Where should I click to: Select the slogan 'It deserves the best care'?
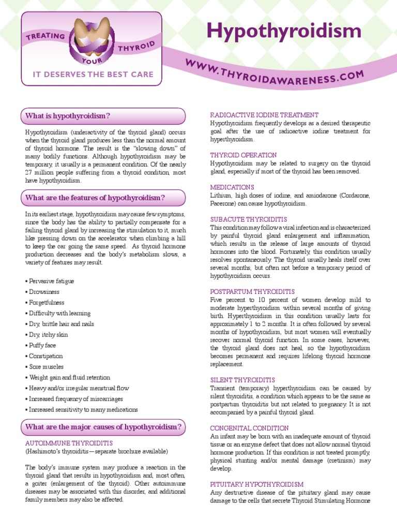93,75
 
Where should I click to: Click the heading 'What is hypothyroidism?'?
68,116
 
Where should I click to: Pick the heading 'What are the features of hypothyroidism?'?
95,198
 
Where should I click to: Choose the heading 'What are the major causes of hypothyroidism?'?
103,427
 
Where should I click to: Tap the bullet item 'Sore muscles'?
45,367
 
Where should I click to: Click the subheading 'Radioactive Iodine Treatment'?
264,115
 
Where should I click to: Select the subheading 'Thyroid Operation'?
243,155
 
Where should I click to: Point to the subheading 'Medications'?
232,187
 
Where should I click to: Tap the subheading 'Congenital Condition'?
249,428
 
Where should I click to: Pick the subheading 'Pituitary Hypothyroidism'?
256,484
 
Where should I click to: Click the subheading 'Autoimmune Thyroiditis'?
69,443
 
